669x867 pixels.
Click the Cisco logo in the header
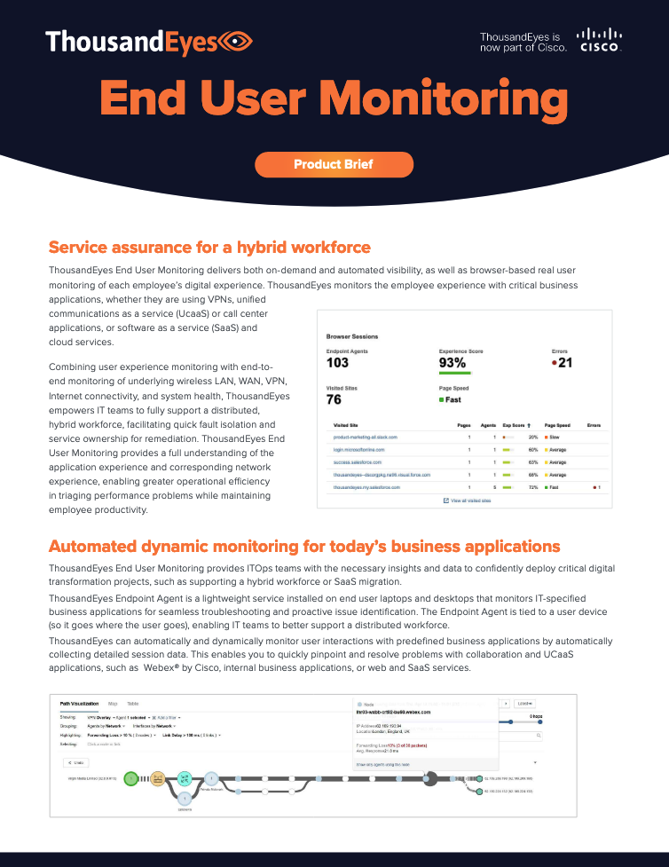coord(600,40)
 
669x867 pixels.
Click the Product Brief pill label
coord(334,164)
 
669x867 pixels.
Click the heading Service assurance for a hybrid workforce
coord(209,247)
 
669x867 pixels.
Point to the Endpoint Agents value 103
coord(337,362)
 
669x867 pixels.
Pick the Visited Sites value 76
coord(334,399)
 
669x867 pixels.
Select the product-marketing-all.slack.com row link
coord(365,437)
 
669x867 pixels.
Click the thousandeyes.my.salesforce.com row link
coord(366,487)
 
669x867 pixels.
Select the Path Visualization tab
coord(79,703)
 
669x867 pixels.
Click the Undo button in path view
coord(76,762)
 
